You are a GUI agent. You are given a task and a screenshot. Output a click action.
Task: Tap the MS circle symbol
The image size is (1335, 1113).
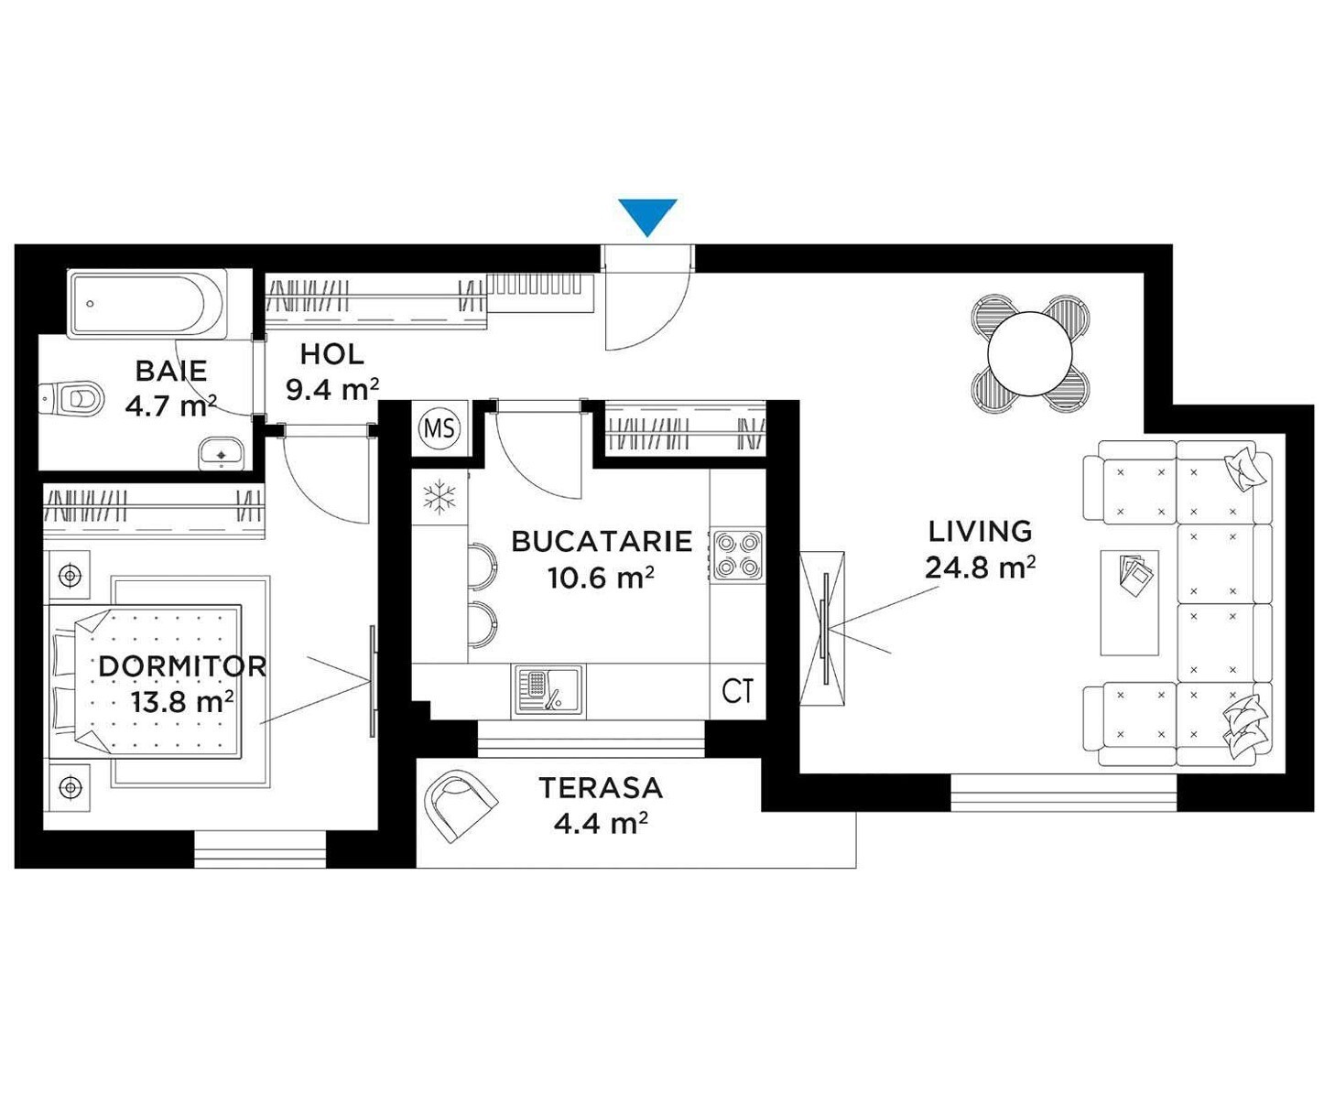pos(440,427)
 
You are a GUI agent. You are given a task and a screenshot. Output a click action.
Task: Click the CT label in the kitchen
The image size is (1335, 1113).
pos(737,691)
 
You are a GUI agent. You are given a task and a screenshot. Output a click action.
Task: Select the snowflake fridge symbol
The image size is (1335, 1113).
pos(440,497)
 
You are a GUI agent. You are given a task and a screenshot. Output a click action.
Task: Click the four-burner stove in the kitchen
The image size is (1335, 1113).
pos(739,556)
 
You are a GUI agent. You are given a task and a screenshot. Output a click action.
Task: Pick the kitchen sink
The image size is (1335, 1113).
pos(548,690)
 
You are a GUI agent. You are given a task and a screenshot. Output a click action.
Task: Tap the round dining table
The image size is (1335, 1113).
pos(1029,353)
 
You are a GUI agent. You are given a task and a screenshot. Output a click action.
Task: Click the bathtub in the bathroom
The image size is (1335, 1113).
pos(147,304)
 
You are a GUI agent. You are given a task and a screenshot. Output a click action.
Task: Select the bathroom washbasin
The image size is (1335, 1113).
pos(221,453)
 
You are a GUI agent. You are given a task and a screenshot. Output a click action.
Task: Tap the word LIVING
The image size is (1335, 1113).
pos(980,531)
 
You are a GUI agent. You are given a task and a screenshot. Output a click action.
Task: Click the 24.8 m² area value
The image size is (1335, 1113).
pos(980,567)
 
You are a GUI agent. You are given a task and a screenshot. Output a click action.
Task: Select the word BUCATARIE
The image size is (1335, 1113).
pos(602,542)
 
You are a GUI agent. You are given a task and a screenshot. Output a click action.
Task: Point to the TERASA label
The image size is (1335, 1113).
pos(601,787)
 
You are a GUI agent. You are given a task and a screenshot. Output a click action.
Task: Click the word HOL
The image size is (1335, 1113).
pos(331,355)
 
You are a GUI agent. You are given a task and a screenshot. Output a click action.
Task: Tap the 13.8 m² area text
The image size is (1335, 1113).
pos(181,702)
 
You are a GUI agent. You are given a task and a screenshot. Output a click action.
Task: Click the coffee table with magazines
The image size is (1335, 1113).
pos(1129,602)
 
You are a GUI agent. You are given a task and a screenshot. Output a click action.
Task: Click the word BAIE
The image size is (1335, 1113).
pos(171,371)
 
